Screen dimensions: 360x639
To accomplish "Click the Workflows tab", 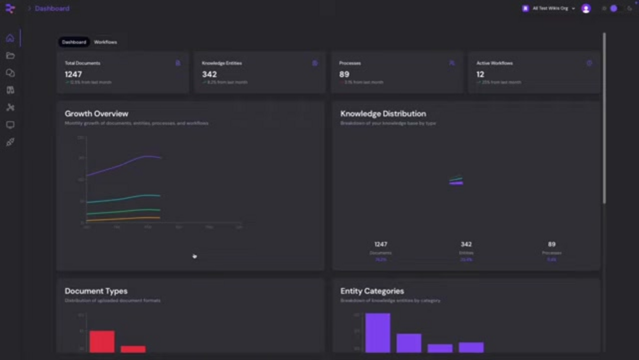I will pyautogui.click(x=105, y=42).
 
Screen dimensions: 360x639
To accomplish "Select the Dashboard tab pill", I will pyautogui.click(x=74, y=42).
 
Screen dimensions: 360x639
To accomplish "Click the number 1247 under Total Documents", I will pyautogui.click(x=73, y=75).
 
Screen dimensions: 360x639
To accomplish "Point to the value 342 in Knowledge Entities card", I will pyautogui.click(x=209, y=75).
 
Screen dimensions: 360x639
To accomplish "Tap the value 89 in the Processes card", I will pyautogui.click(x=344, y=75).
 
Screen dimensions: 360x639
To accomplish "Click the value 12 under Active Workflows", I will pyautogui.click(x=480, y=75).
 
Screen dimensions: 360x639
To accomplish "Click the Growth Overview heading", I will pyautogui.click(x=96, y=114).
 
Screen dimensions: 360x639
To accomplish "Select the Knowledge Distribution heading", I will pyautogui.click(x=383, y=114).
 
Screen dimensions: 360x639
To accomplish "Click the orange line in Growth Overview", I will pyautogui.click(x=124, y=218).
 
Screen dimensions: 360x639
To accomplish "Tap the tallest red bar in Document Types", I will pyautogui.click(x=102, y=342).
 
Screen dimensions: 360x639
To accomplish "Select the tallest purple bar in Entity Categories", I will pyautogui.click(x=377, y=333).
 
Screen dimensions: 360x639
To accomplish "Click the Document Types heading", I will pyautogui.click(x=96, y=291).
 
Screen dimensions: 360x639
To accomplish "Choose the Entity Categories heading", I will pyautogui.click(x=372, y=291).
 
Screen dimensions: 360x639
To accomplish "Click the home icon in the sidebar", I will pyautogui.click(x=10, y=38).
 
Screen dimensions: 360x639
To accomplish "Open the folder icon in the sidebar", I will pyautogui.click(x=10, y=56).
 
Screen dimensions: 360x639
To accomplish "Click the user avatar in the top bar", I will pyautogui.click(x=586, y=8).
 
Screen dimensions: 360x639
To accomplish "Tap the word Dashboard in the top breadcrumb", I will pyautogui.click(x=52, y=8).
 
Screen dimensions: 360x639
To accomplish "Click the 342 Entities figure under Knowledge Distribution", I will pyautogui.click(x=466, y=244).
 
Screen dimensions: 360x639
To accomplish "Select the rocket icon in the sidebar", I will pyautogui.click(x=10, y=142).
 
